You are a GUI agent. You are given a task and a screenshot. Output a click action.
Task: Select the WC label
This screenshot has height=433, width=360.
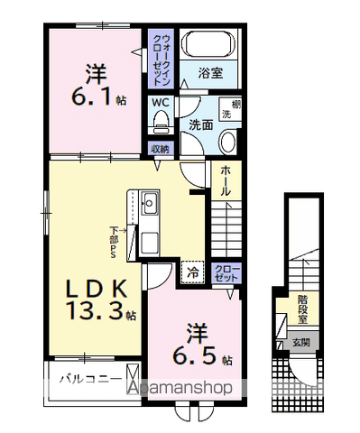coord(161,103)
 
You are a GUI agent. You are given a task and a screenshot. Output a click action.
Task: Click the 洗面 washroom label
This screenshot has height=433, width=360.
coord(200,125)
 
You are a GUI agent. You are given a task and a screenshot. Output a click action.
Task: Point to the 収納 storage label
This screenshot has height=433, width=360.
coord(161,148)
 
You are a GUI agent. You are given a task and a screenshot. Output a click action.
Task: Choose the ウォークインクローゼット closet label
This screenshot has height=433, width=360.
coord(161,60)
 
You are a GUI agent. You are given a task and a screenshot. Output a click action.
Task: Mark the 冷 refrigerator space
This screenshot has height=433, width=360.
coord(193,270)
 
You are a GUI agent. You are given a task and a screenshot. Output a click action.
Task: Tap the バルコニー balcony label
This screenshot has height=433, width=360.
coord(86,379)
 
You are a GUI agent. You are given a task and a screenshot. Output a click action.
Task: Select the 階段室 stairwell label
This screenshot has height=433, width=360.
coord(304,309)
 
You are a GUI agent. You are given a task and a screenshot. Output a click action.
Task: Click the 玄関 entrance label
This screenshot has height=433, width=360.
coord(300,343)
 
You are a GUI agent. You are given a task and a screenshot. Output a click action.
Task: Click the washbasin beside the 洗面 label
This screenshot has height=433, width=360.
coord(226,142)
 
